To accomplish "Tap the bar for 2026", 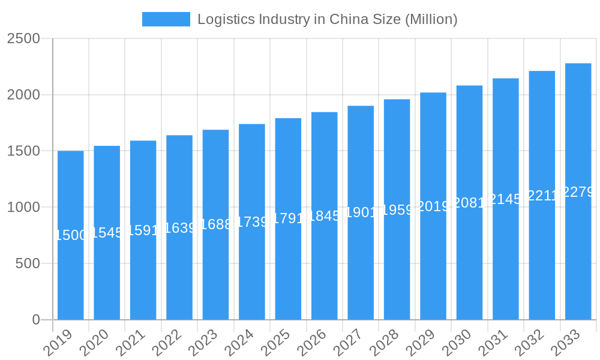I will tap(325, 270).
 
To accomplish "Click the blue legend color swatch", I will tap(166, 19).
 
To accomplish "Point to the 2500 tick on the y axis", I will tap(23, 39).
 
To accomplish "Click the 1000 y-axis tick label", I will tap(23, 208).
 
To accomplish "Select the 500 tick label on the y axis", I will tap(28, 264).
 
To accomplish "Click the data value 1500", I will tap(71, 235).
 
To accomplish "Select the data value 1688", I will tap(216, 224).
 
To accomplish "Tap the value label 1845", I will tap(325, 216).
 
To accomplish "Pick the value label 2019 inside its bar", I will tap(433, 206).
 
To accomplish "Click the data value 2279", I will tap(578, 192).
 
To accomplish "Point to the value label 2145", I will tap(506, 199).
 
